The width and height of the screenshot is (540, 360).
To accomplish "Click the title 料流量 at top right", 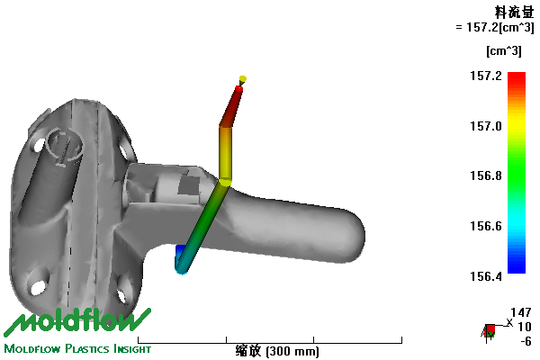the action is pos(514,13).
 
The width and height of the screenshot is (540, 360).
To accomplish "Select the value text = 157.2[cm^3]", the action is pos(495,27).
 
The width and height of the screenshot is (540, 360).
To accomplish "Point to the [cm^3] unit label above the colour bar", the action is pos(504,51).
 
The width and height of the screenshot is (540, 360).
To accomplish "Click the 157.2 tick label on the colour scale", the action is pos(486,76).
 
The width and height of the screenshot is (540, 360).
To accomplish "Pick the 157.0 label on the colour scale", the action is pos(486,126).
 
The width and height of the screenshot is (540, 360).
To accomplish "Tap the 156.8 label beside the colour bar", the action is pos(486,175).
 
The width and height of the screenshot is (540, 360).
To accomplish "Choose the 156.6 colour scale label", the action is pos(486,226).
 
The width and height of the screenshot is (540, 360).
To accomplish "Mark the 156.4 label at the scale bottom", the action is pos(486,276).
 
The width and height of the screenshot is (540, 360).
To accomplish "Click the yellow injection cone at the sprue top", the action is pos(242,81).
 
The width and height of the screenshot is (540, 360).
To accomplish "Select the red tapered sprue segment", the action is pos(231,107).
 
